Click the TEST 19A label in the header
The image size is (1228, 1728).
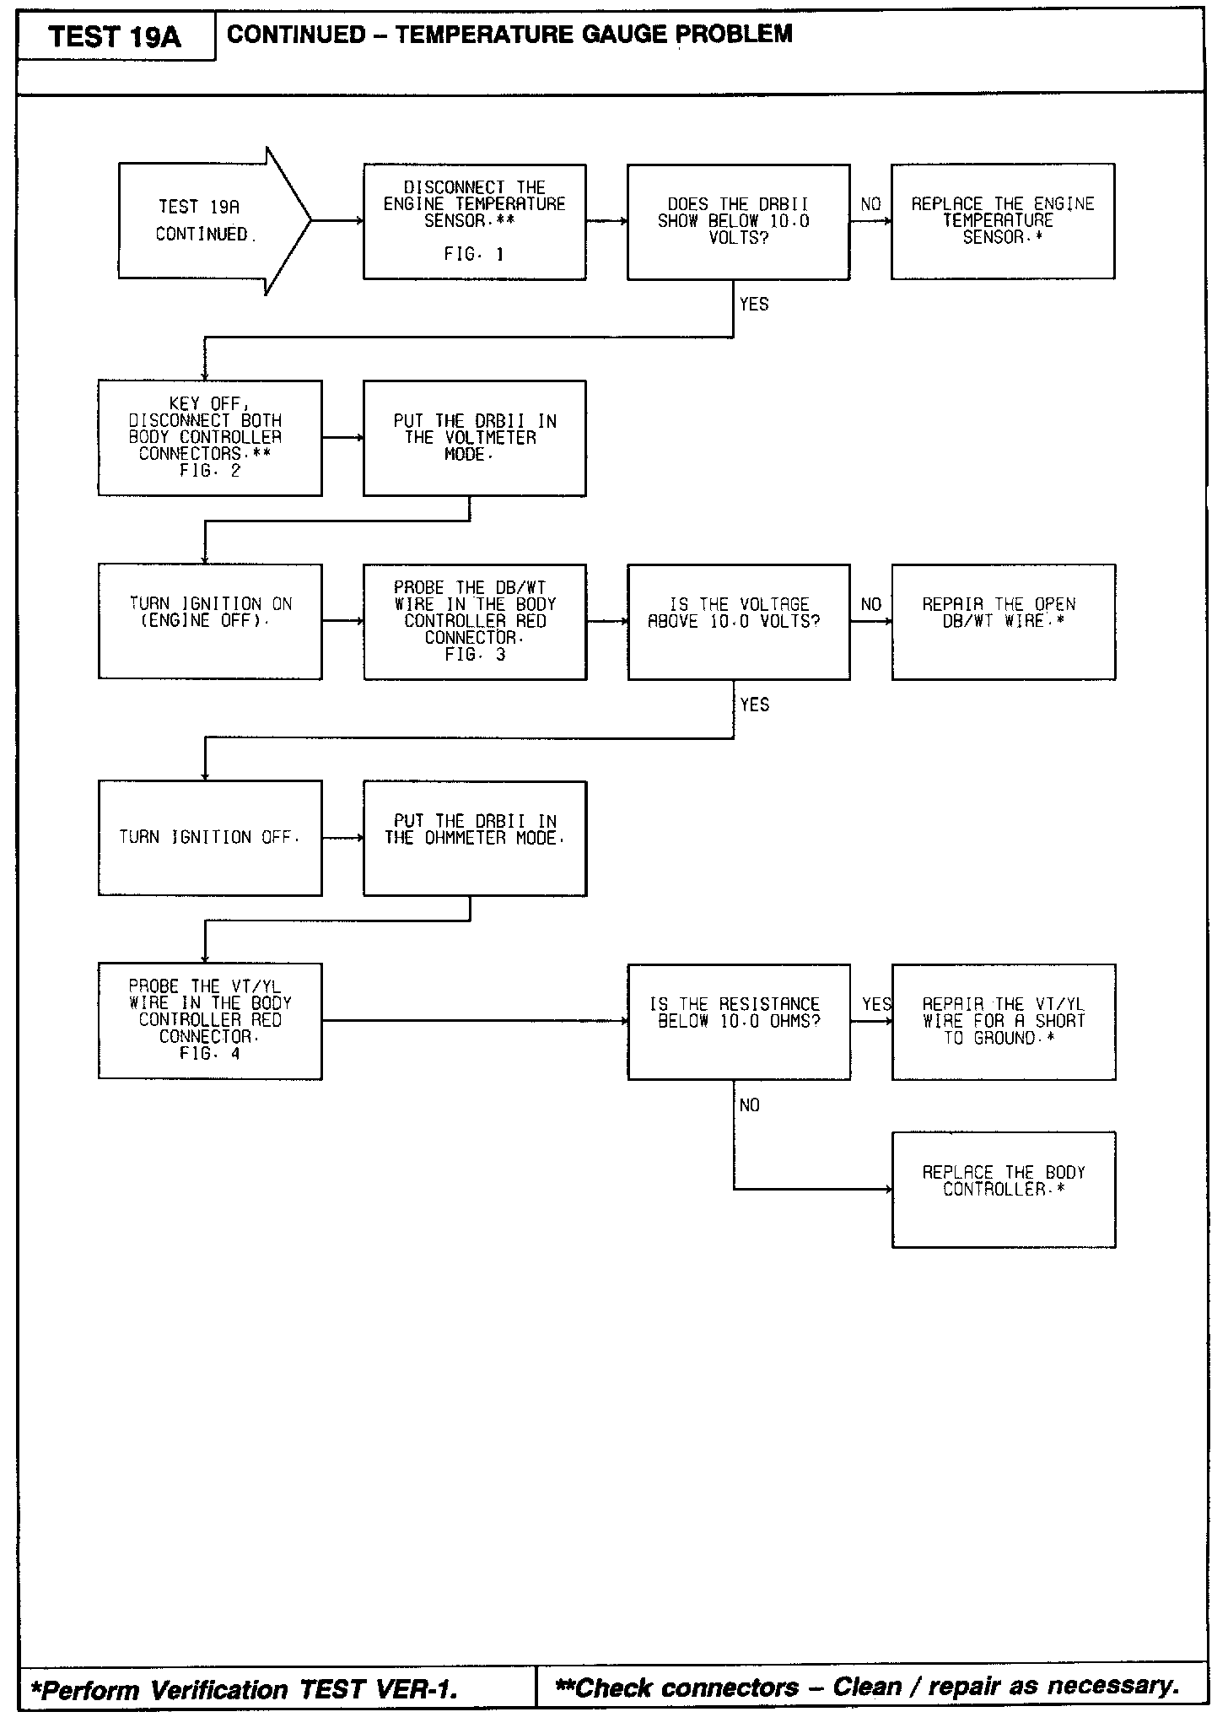(x=115, y=36)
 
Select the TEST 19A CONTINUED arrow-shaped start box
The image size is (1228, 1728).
(x=202, y=221)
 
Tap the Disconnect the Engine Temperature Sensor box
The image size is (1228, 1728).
(x=474, y=221)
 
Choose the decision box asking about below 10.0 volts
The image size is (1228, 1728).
(x=738, y=221)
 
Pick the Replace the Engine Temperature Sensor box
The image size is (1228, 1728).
(x=1002, y=221)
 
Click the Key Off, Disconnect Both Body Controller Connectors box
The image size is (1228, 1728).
(x=210, y=438)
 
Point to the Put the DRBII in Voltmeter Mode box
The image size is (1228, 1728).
(x=474, y=438)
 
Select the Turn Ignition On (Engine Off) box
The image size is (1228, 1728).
(x=210, y=621)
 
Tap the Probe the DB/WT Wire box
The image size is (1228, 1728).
(x=475, y=621)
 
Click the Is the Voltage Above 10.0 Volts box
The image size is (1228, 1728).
(x=738, y=621)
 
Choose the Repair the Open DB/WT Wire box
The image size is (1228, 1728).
(x=1003, y=621)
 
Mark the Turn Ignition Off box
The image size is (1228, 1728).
(x=210, y=837)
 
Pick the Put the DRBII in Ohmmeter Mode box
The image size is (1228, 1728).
(x=475, y=837)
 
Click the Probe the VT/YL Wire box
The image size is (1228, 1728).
(x=210, y=1021)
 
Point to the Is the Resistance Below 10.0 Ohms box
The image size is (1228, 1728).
(x=738, y=1021)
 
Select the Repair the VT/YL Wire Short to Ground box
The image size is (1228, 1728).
(x=1003, y=1021)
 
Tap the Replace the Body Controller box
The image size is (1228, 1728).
(x=1003, y=1189)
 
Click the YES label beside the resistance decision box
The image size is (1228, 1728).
(x=876, y=1004)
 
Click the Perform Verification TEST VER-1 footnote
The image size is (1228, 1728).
(x=245, y=1690)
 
